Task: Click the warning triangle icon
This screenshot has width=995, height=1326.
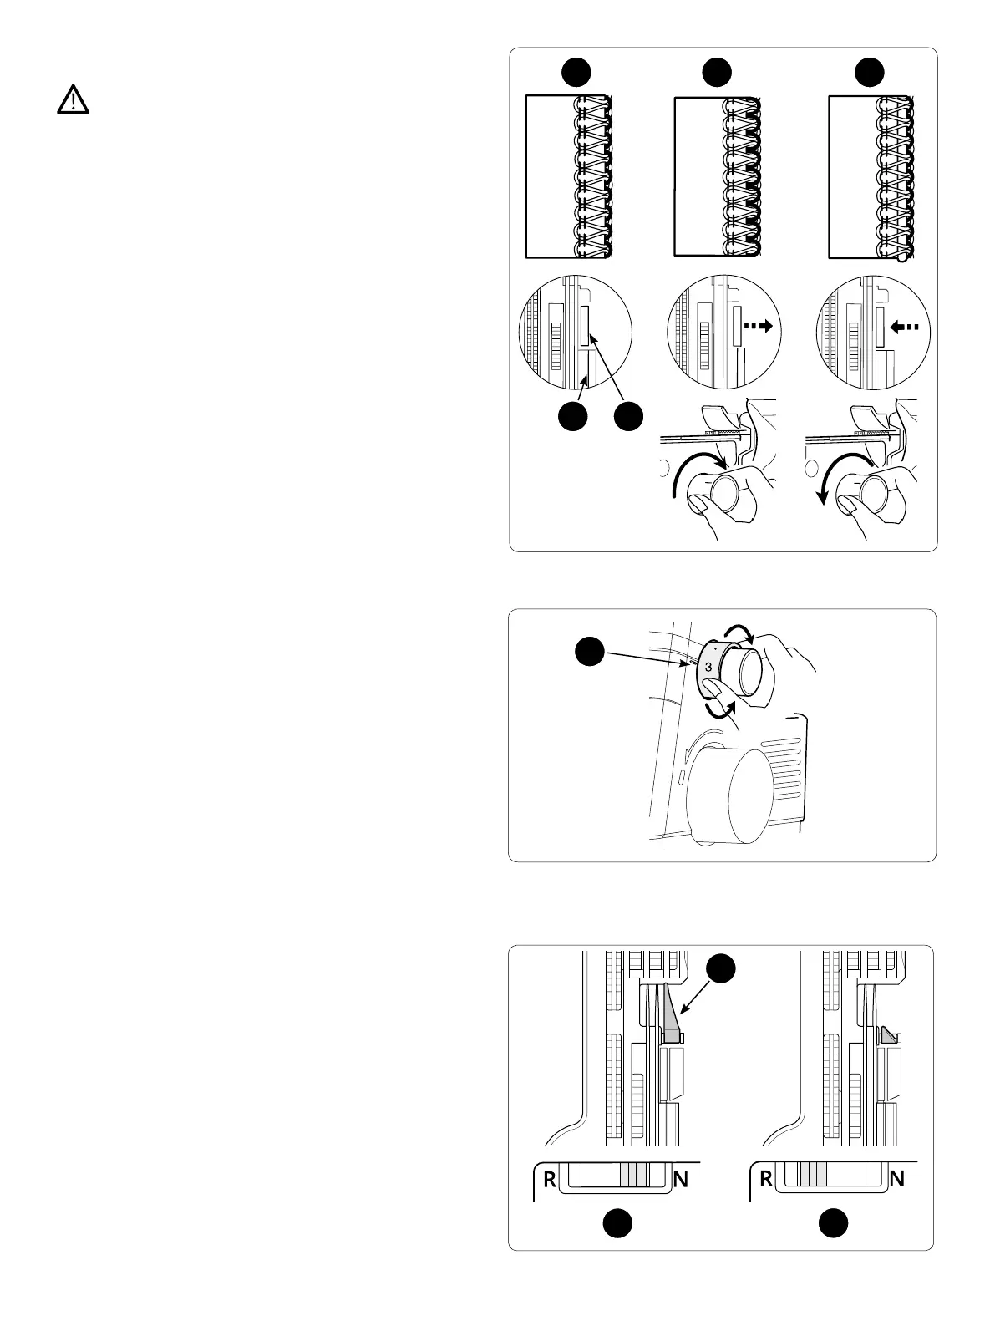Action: point(74,100)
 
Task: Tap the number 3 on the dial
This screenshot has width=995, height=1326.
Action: point(708,667)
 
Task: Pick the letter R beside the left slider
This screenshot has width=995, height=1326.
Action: point(550,1181)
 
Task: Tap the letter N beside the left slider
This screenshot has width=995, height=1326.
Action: point(681,1181)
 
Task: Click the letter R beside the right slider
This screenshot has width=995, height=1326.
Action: point(766,1181)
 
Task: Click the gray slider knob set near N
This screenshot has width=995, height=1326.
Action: point(634,1176)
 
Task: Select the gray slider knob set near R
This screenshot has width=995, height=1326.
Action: point(813,1176)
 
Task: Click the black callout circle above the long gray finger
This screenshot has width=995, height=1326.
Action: point(723,972)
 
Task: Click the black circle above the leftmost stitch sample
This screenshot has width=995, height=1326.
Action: point(576,72)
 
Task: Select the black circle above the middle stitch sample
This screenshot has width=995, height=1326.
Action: point(718,72)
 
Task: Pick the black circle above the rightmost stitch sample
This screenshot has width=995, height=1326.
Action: point(871,72)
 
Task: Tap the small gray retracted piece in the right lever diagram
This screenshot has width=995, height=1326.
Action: point(887,1036)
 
